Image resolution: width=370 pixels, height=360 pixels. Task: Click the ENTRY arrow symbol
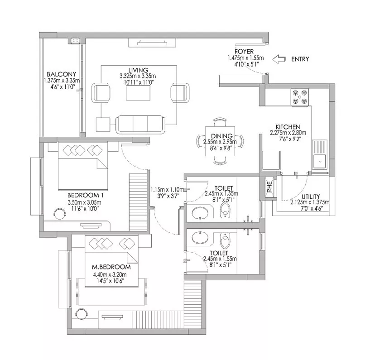[x=279, y=59]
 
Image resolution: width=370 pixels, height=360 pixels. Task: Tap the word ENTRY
[x=300, y=59]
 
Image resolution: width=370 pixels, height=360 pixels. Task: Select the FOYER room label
[x=244, y=52]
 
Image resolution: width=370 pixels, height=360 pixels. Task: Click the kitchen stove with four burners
[x=299, y=97]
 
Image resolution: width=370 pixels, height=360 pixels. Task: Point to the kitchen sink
[x=320, y=162]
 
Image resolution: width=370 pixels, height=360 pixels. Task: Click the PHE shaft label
[x=269, y=187]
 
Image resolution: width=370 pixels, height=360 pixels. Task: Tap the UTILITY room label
[x=311, y=197]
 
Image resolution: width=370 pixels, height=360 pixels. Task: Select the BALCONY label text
[x=61, y=74]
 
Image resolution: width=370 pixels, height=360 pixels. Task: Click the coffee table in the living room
[x=138, y=93]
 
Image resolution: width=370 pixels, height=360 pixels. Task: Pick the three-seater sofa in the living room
[x=140, y=125]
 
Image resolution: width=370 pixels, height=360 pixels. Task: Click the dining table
[x=220, y=141]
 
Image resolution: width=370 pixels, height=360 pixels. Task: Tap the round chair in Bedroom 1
[x=59, y=213]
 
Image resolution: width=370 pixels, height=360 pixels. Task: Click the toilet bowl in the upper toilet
[x=225, y=210]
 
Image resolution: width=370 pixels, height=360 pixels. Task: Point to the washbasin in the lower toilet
[x=200, y=238]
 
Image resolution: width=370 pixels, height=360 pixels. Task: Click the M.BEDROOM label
[x=111, y=267]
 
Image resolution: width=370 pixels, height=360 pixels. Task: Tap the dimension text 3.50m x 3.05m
[x=85, y=202]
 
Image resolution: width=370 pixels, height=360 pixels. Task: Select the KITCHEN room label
[x=288, y=127]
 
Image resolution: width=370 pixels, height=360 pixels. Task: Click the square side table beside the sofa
[x=103, y=125]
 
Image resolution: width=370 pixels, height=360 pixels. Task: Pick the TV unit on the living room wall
[x=152, y=43]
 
